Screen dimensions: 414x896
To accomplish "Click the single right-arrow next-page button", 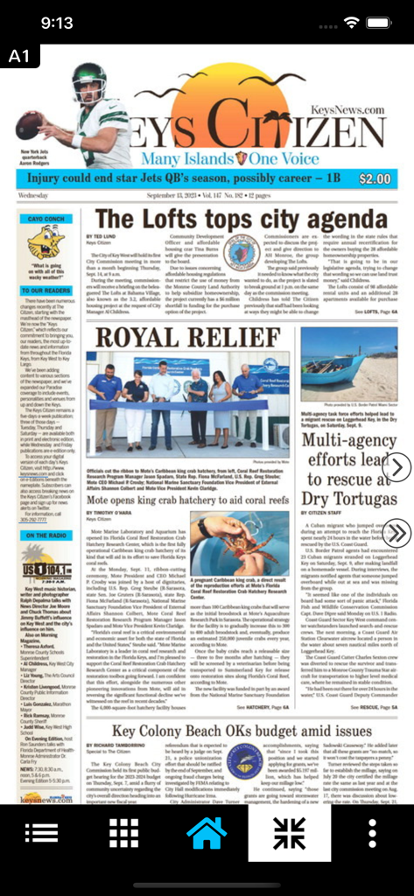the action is coord(396,467).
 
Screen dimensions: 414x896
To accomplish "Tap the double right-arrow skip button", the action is coord(396,532).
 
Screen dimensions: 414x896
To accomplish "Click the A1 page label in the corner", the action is coord(19,57).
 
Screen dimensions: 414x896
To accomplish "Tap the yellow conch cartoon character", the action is coord(46,242).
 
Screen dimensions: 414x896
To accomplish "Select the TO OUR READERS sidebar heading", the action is coord(46,290).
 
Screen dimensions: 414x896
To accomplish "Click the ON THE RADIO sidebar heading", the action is coord(46,535).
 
